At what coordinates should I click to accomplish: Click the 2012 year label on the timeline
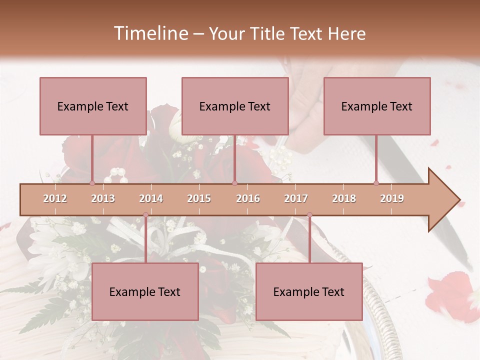coord(55,198)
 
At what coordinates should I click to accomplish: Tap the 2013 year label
coord(103,198)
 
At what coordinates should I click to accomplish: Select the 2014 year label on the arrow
coord(151,198)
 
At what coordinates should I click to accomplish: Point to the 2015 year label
coord(199,198)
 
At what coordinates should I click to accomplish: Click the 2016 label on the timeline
coord(248,198)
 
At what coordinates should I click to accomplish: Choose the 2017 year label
coord(296,198)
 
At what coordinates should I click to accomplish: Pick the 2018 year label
coord(344,198)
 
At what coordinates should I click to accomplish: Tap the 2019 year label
coord(392,198)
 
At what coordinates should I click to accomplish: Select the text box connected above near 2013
coord(93,106)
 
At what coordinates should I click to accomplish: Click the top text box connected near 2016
coord(235,106)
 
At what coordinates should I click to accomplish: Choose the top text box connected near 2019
coord(377,106)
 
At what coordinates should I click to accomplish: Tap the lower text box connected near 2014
coord(145,291)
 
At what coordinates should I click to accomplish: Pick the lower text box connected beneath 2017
coord(309,291)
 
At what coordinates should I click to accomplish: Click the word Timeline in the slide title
coord(149,33)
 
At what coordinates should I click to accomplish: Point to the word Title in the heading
coord(268,34)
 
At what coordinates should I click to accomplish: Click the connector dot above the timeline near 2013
coord(92,183)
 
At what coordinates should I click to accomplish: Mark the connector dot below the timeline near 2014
coord(145,215)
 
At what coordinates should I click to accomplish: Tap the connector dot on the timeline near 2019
coord(376,183)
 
